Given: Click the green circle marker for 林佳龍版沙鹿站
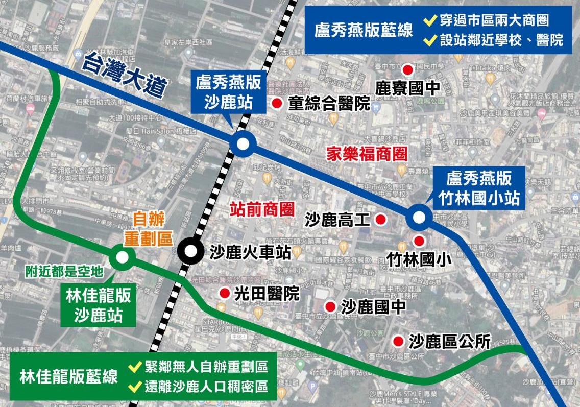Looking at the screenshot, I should (123, 257).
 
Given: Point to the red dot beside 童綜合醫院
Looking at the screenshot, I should (277, 103).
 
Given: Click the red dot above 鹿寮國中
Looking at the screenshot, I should (407, 69).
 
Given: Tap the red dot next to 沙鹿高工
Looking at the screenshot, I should (380, 220).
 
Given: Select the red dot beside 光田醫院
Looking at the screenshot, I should (224, 293).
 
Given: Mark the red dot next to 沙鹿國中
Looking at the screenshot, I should (331, 306).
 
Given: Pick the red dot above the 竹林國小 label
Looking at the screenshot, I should (419, 241).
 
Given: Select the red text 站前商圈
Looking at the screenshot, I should (262, 209).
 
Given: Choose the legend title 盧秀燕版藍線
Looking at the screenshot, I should (364, 30).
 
